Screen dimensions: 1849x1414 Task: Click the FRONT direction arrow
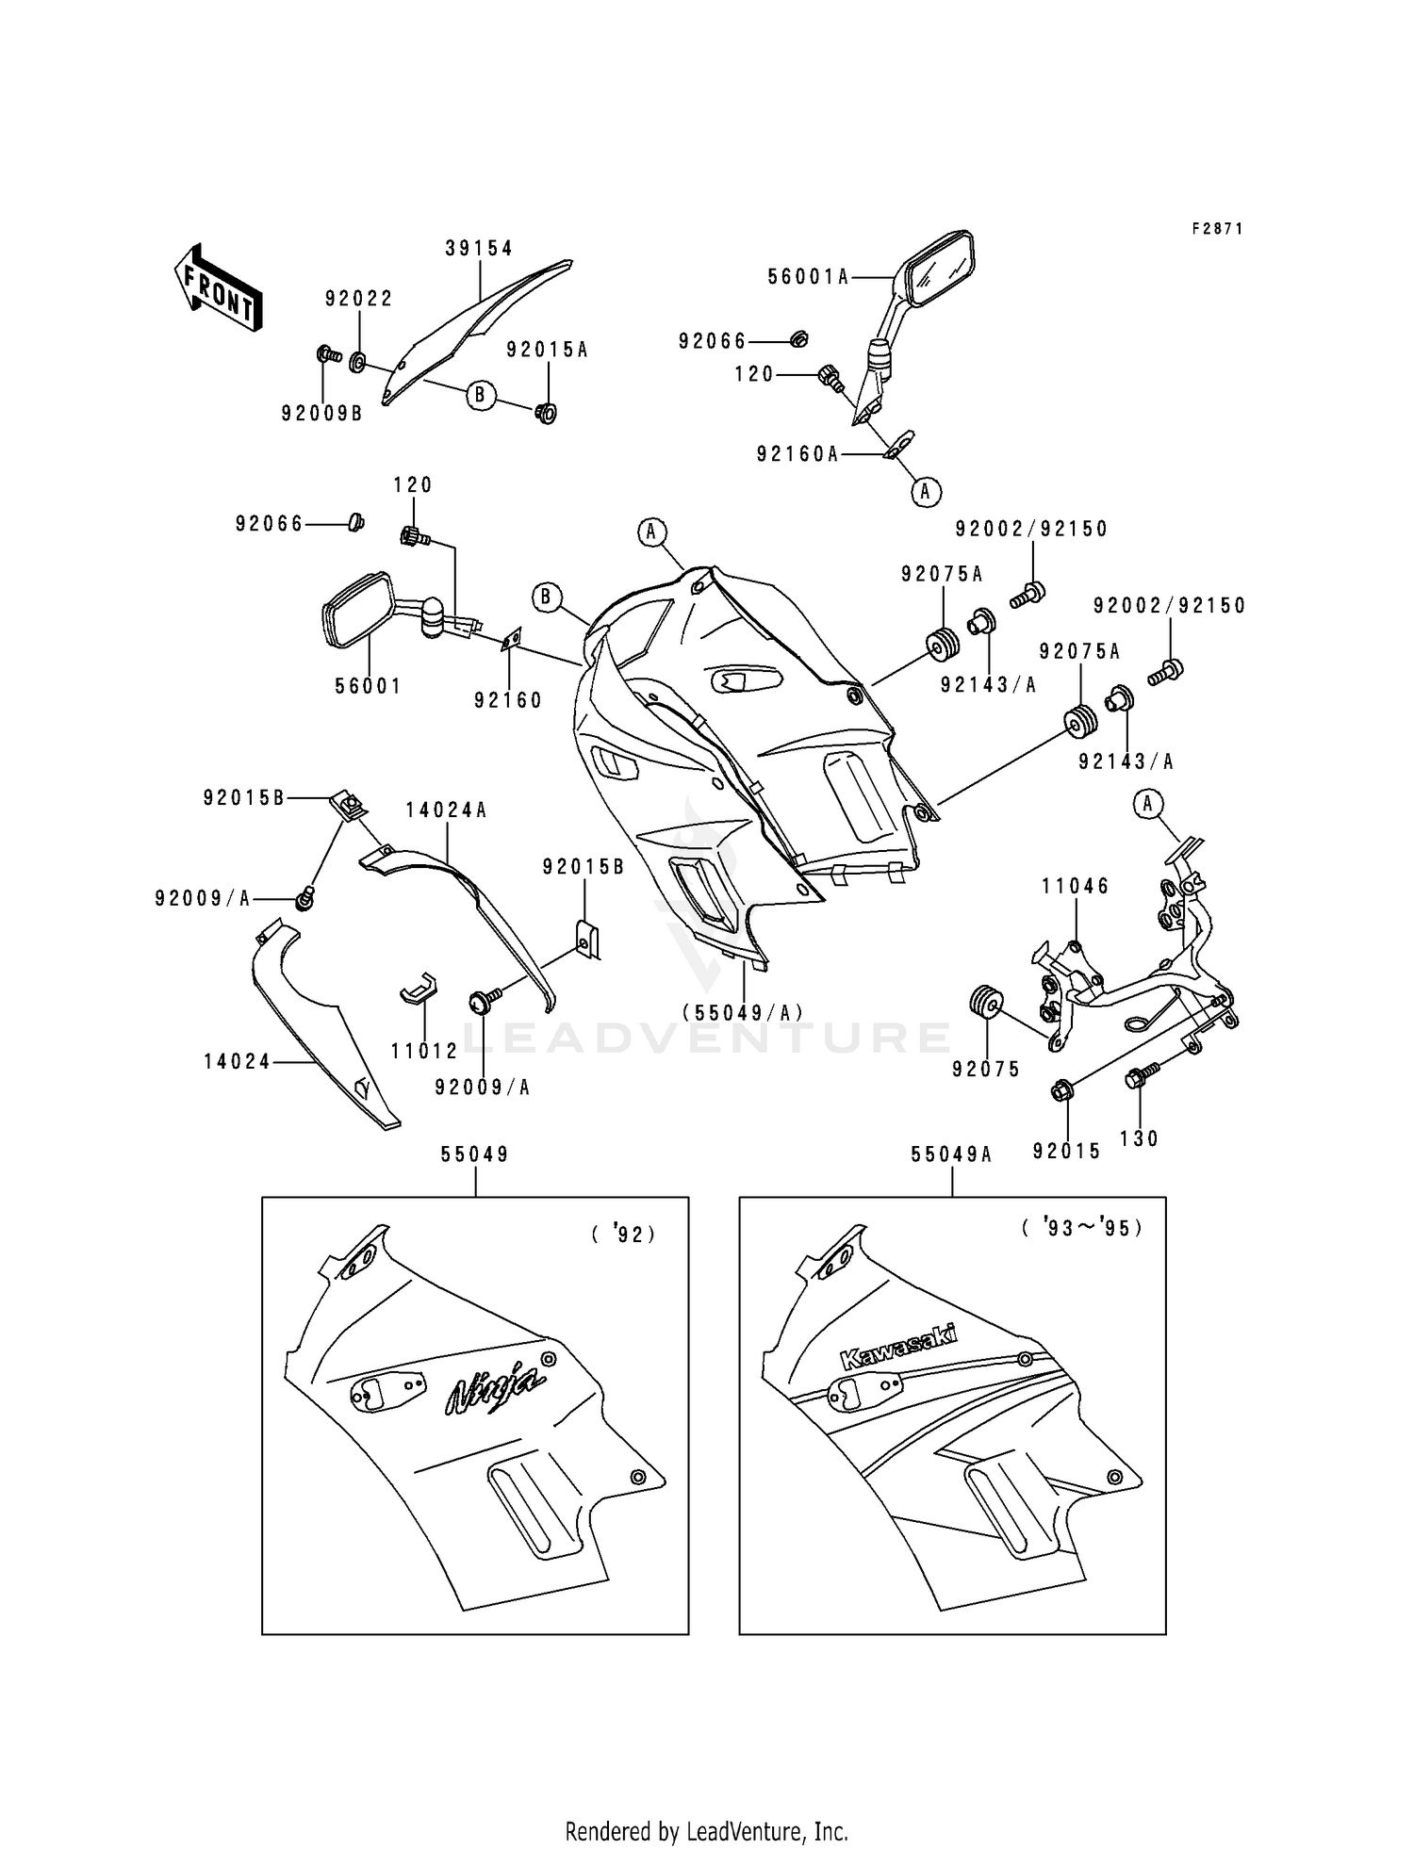pyautogui.click(x=218, y=287)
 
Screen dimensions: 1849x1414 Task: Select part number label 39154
pyautogui.click(x=479, y=249)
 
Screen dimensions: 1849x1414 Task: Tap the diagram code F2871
pyautogui.click(x=1217, y=229)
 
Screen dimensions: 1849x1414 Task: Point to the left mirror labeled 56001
pyautogui.click(x=358, y=612)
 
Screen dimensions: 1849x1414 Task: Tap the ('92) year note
pyautogui.click(x=623, y=1234)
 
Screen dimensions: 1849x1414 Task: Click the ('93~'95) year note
pyautogui.click(x=1082, y=1229)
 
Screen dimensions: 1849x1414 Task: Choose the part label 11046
pyautogui.click(x=1076, y=886)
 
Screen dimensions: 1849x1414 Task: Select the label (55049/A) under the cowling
pyautogui.click(x=743, y=1012)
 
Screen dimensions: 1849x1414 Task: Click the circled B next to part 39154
pyautogui.click(x=480, y=395)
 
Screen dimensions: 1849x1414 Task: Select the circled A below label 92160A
pyautogui.click(x=925, y=491)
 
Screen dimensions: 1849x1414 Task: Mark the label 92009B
pyautogui.click(x=321, y=413)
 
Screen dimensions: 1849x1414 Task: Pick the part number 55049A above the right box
pyautogui.click(x=951, y=1154)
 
